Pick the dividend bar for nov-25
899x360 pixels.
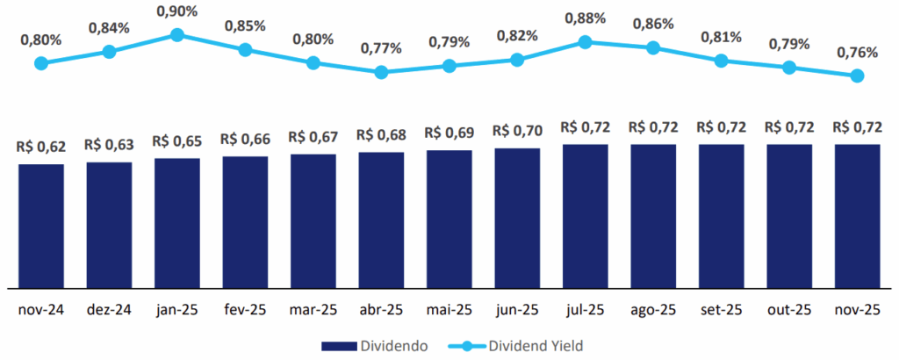858,215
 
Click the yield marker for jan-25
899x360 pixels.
176,34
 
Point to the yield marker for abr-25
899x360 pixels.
381,72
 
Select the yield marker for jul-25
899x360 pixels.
586,41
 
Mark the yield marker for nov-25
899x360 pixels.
858,76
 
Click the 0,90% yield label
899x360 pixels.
176,11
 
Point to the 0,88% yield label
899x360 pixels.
586,18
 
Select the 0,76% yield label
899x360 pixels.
858,53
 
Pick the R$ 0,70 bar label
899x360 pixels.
517,131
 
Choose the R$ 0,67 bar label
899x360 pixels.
313,137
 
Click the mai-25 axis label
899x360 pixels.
449,310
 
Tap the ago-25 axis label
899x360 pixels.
653,310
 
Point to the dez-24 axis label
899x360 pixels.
109,310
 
